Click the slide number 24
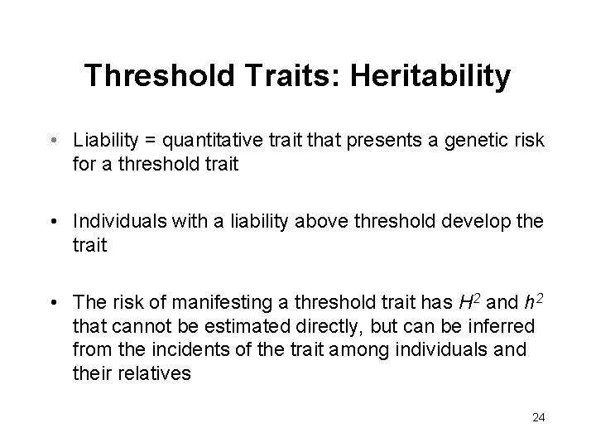(539, 417)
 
